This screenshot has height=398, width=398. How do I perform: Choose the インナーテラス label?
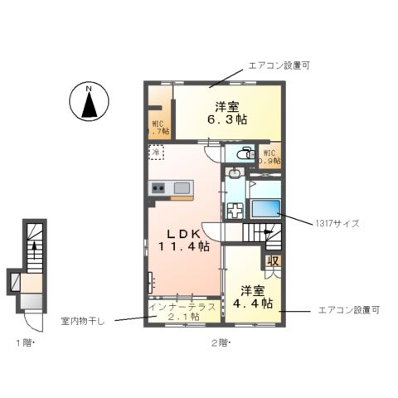tap(183, 307)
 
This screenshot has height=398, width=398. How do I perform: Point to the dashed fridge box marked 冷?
tap(157, 153)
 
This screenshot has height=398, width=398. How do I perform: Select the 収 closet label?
tap(272, 261)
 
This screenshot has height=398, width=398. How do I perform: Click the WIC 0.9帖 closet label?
tap(269, 158)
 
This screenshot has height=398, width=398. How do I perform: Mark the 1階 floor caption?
tap(22, 342)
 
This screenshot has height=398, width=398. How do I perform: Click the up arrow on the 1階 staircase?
tap(34, 245)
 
